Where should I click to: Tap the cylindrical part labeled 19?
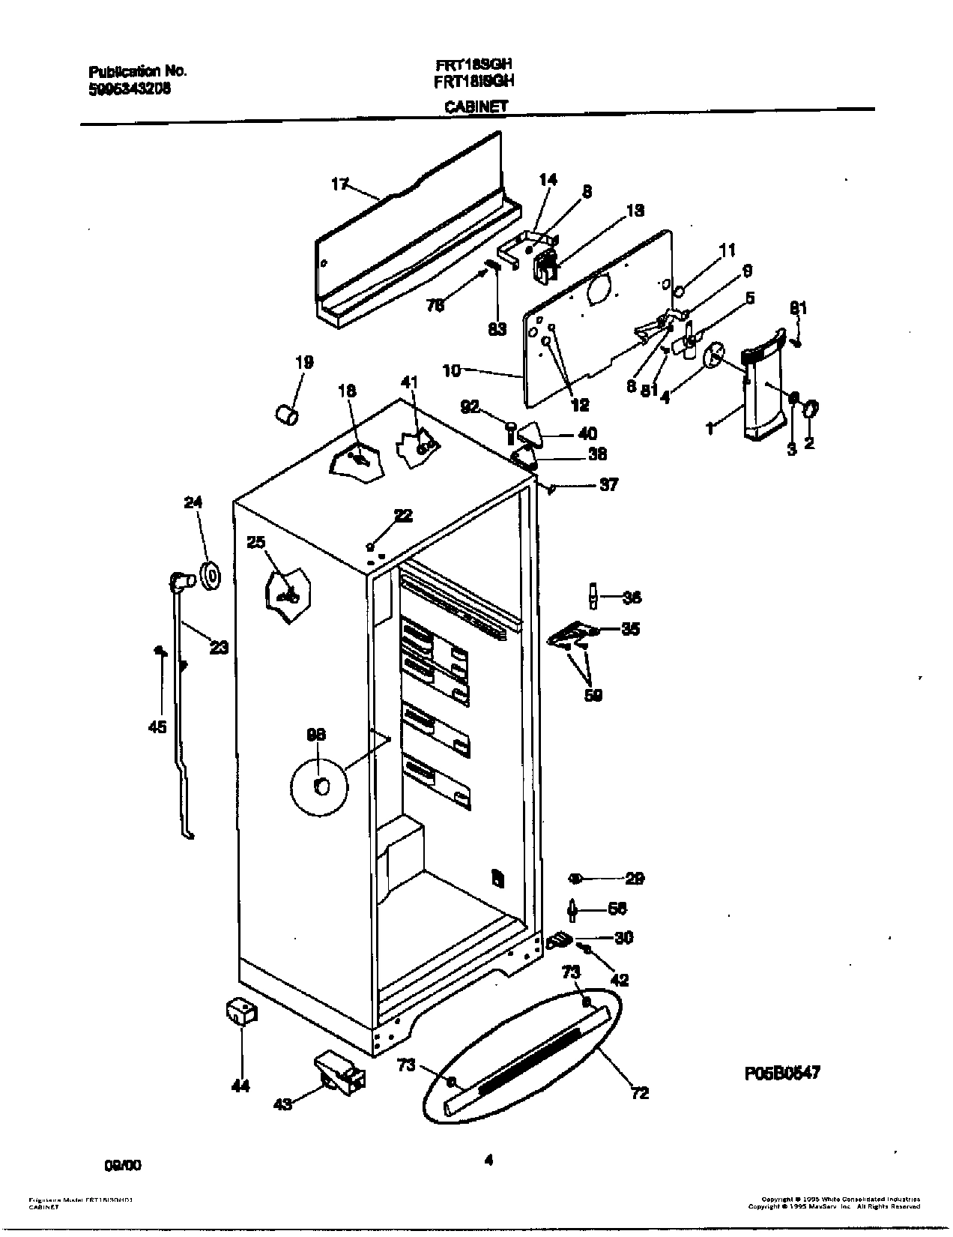pyautogui.click(x=285, y=413)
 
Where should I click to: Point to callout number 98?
pyautogui.click(x=316, y=735)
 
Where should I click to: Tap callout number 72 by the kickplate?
pyautogui.click(x=639, y=1093)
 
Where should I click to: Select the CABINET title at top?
pyautogui.click(x=476, y=106)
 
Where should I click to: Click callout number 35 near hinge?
pyautogui.click(x=631, y=629)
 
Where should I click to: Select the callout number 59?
pyautogui.click(x=593, y=695)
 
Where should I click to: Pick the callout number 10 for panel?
pyautogui.click(x=451, y=370)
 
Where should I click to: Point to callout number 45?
pyautogui.click(x=157, y=726)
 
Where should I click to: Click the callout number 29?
pyautogui.click(x=634, y=878)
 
